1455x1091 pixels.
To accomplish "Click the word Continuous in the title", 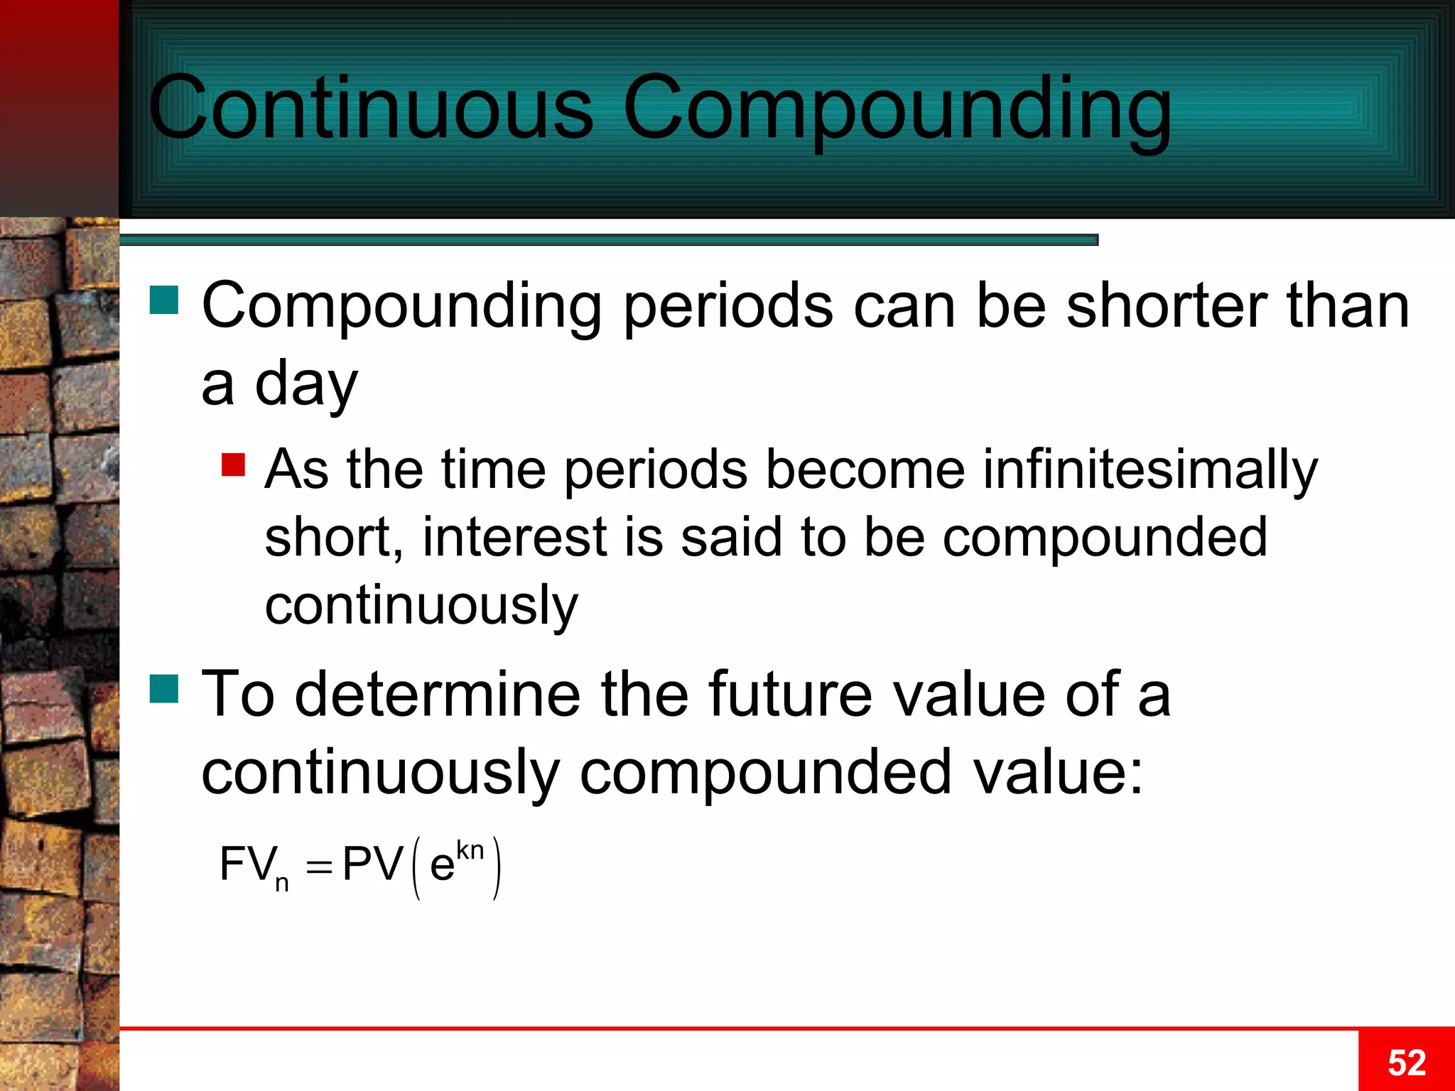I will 370,109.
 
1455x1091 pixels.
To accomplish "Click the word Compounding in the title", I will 897,109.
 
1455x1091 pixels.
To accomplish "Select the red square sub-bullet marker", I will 233,465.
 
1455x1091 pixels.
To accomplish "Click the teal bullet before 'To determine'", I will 163,688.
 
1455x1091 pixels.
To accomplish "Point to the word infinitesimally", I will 1150,471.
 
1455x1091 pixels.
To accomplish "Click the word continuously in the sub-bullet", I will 421,606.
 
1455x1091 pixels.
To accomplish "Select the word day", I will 305,384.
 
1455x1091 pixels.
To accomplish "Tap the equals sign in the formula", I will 319,868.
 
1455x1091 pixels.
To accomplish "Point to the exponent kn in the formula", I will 470,850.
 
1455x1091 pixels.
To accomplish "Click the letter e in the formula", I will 442,867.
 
